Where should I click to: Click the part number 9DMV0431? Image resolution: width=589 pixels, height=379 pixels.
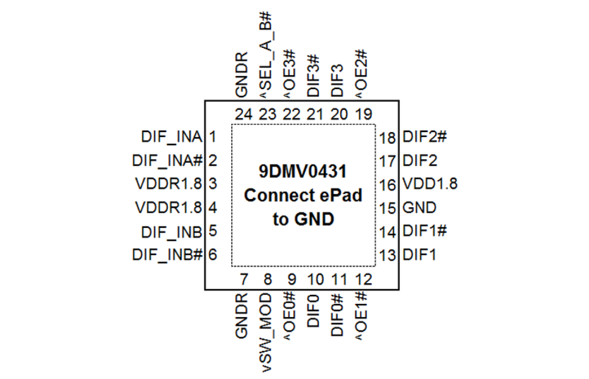point(303,171)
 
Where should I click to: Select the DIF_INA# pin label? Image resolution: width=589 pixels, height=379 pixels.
point(167,161)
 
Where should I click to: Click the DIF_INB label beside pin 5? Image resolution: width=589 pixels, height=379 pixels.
point(171,232)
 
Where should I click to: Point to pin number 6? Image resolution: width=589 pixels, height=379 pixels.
point(212,255)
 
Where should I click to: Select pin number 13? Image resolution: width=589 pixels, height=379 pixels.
point(389,256)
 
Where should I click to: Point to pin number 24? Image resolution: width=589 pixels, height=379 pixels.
point(244,115)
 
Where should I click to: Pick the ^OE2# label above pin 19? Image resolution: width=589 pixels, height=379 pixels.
point(362,73)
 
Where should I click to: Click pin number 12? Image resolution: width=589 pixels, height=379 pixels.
point(363,280)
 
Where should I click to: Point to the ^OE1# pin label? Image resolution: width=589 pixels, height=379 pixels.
point(362,315)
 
